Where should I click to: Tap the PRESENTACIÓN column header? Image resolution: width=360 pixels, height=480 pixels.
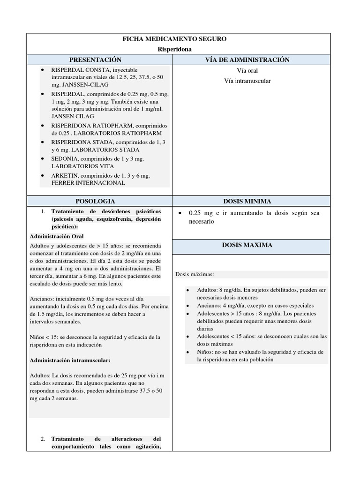pos(100,60)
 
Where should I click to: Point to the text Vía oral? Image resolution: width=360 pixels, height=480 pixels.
pos(247,71)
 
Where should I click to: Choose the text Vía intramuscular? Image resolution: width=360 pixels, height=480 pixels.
pos(247,81)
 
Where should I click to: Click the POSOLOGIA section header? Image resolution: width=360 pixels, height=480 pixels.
pos(100,201)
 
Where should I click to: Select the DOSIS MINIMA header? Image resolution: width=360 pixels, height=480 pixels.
pos(254,201)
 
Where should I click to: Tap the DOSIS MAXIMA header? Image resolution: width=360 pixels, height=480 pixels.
pos(254,245)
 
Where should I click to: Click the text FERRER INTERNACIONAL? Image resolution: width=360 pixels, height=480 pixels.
pos(88,183)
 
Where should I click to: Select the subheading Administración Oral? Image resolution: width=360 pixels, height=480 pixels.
pos(57,236)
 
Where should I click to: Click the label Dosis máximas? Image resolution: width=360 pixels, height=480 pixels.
pos(194,275)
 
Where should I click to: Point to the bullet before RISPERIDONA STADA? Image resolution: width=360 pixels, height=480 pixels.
pos(43,142)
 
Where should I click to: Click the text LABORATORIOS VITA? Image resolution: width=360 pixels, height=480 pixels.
pos(82,166)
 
